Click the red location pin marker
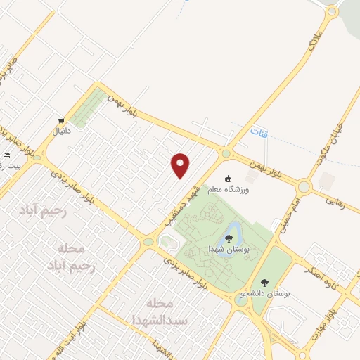[x=181, y=165]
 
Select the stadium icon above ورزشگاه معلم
[x=229, y=179]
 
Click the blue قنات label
[x=259, y=130]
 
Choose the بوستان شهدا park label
[x=226, y=250]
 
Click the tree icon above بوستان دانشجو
[x=264, y=283]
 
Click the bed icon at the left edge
[x=6, y=155]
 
